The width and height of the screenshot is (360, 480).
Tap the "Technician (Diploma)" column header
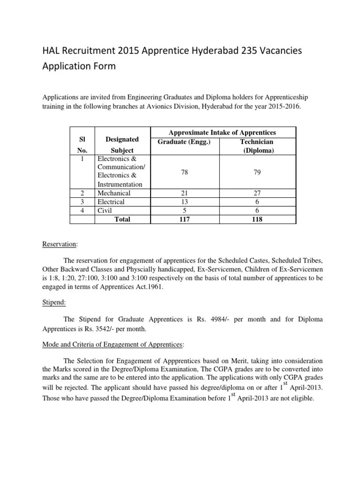[257, 146]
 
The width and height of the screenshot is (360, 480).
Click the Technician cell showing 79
[257, 172]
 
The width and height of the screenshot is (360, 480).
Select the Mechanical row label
[114, 193]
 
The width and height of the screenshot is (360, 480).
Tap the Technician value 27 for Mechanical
[257, 193]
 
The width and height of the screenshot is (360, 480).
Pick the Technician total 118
[257, 219]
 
